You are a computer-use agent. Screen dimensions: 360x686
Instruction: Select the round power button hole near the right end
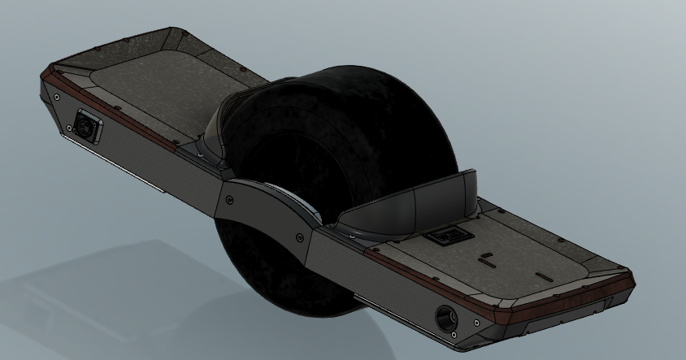(x=445, y=314)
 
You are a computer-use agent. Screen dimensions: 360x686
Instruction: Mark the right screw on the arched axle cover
(x=302, y=236)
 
